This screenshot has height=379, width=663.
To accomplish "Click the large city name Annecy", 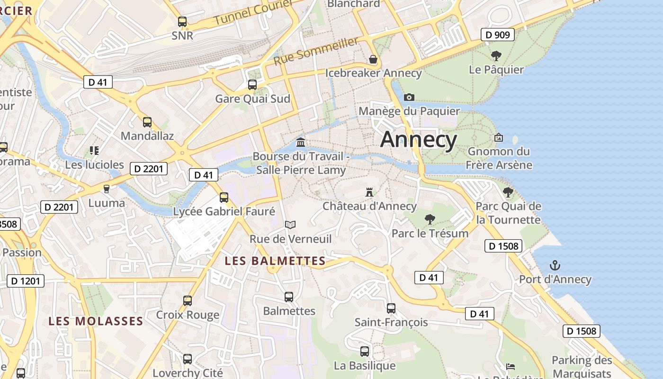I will point(419,140).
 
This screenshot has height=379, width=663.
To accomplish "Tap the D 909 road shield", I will point(497,35).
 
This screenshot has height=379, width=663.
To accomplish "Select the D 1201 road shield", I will point(26,281).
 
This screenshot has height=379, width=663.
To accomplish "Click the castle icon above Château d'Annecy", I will point(369,192).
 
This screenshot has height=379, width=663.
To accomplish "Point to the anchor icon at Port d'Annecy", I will point(555,265).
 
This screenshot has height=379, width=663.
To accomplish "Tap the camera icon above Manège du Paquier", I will point(409,98).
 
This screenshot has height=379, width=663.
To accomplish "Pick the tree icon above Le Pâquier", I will point(496,56).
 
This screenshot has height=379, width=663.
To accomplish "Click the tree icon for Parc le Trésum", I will point(430,219).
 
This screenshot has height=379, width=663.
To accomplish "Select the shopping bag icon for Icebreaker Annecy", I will point(373,59).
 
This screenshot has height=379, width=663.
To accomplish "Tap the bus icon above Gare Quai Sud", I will point(252,85).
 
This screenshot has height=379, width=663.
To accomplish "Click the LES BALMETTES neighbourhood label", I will point(275,261).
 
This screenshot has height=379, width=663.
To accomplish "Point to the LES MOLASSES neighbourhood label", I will point(96,321).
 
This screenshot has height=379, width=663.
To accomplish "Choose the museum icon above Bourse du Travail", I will point(301,142).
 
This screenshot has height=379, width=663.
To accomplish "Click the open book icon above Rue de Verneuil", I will point(290,225).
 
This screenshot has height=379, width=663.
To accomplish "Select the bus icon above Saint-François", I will point(391,308).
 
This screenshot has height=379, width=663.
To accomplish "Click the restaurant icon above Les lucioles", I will point(94,151).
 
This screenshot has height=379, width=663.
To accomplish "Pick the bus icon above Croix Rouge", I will point(188,301).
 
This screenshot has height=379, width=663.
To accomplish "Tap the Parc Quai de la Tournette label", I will point(508,213).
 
